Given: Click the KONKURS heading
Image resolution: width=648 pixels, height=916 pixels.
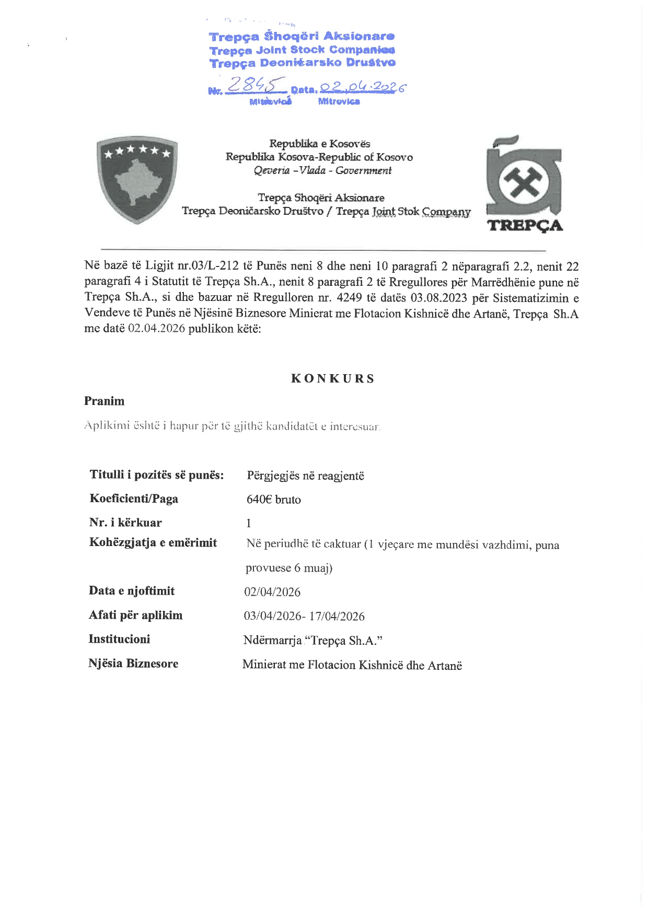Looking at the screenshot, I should (x=333, y=379).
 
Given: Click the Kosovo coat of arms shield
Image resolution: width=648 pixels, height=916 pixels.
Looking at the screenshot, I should (x=137, y=179).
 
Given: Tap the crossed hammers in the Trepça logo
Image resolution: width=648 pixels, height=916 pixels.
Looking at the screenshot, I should (x=524, y=183).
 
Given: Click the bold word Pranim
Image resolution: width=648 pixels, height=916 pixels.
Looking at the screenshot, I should (x=105, y=401).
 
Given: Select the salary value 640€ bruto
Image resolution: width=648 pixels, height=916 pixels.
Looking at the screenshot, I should (x=274, y=500).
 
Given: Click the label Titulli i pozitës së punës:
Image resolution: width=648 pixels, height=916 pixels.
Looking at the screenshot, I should (x=157, y=475).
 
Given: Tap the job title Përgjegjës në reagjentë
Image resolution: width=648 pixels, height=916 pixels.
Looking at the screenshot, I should (x=306, y=476).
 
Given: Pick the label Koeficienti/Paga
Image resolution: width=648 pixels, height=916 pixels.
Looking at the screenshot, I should (x=134, y=499).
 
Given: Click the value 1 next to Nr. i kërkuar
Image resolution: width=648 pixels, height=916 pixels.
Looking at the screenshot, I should (x=249, y=523).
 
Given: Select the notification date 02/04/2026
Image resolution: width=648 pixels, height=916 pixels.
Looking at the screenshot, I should (x=272, y=592).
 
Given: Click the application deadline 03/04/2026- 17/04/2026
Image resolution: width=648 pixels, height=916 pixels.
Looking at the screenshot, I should (x=304, y=616).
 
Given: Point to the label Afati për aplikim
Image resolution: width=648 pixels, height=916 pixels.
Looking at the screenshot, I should (x=136, y=615).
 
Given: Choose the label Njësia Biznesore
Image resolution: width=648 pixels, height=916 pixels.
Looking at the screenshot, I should (x=133, y=664).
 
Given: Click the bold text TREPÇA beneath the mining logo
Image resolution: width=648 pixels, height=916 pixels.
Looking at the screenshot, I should (x=525, y=226).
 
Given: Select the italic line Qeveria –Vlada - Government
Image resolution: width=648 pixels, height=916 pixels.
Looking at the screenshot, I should (x=322, y=170).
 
